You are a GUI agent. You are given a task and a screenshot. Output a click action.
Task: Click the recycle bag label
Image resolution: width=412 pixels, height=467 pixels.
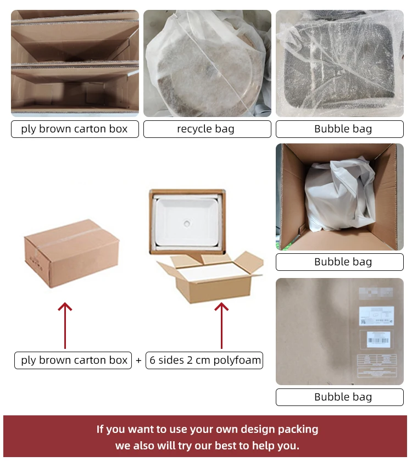[x=207, y=129]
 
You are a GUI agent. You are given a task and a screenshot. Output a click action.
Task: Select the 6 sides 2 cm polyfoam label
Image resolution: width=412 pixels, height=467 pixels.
[x=204, y=360]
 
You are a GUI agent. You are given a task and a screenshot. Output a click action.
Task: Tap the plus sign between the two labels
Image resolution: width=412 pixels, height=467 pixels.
[x=138, y=361]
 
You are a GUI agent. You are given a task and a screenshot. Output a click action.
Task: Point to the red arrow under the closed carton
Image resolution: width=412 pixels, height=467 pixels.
[x=65, y=324]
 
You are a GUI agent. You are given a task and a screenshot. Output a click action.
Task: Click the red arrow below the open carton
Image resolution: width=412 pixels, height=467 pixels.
[x=221, y=324]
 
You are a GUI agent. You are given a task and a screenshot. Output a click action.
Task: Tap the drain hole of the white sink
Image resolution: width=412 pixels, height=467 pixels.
[x=187, y=223]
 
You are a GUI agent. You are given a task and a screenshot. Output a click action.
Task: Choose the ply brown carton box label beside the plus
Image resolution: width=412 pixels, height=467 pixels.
[x=74, y=360]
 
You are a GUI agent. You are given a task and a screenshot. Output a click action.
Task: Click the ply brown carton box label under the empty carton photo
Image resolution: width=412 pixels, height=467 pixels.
[x=75, y=129]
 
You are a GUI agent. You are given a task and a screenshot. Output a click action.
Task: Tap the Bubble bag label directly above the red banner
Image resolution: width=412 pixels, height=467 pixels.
[x=343, y=397]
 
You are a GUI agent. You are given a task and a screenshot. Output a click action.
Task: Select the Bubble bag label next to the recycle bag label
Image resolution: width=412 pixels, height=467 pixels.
[x=343, y=129]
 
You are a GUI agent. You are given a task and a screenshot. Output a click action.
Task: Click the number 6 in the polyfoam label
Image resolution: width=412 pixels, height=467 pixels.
[x=153, y=360]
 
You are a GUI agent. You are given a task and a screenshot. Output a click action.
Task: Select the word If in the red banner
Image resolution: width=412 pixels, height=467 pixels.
[x=102, y=429]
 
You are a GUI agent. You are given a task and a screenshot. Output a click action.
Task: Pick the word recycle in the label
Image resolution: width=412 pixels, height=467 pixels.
[x=193, y=129]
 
